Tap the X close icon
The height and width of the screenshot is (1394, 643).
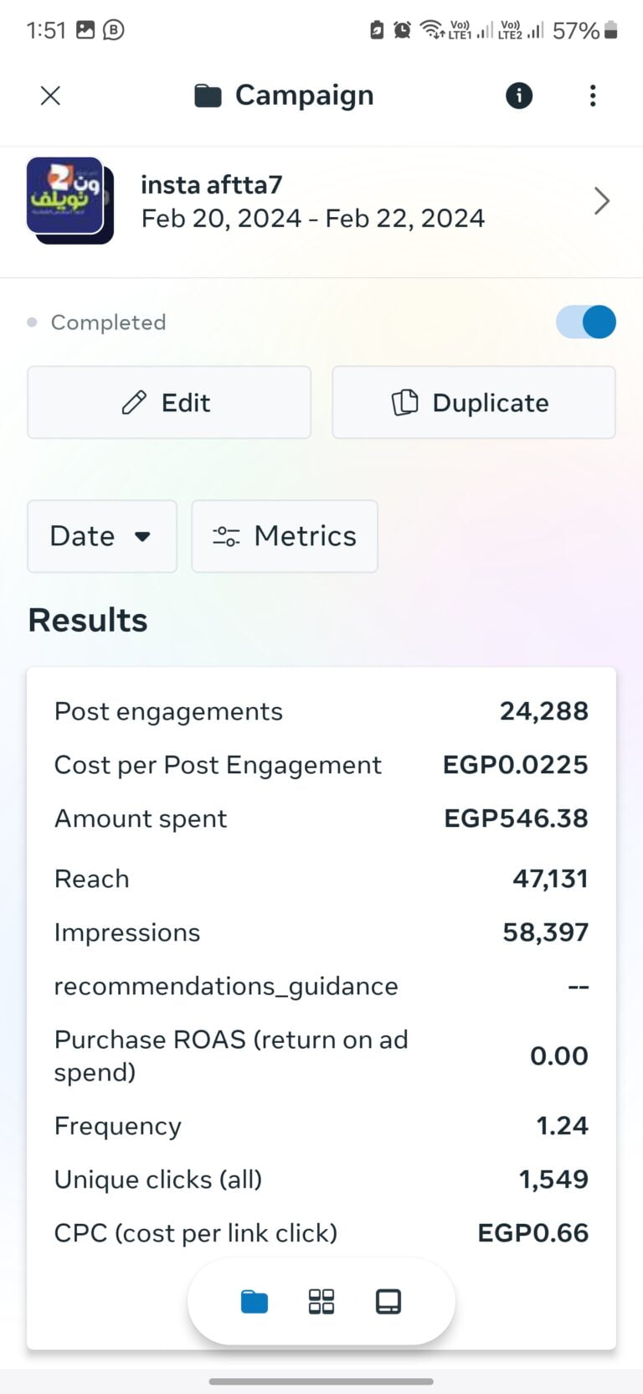pyautogui.click(x=50, y=96)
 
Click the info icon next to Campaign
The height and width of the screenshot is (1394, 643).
pyautogui.click(x=519, y=96)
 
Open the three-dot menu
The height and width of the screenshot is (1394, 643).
pyautogui.click(x=593, y=96)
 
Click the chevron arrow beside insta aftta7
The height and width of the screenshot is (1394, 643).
pyautogui.click(x=601, y=201)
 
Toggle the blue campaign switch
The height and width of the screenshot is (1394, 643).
pyautogui.click(x=586, y=322)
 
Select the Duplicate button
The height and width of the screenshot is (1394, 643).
pyautogui.click(x=474, y=402)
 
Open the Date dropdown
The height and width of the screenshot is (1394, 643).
pyautogui.click(x=102, y=536)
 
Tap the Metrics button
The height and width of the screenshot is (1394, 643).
pyautogui.click(x=285, y=536)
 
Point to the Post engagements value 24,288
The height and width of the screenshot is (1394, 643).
pyautogui.click(x=544, y=711)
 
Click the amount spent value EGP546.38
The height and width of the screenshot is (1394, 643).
pyautogui.click(x=516, y=818)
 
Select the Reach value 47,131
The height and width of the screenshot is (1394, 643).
pyautogui.click(x=550, y=879)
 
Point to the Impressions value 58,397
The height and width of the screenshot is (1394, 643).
pyautogui.click(x=545, y=932)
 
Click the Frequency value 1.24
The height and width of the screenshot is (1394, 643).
pyautogui.click(x=562, y=1126)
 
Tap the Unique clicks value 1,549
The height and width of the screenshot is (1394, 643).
pyautogui.click(x=553, y=1180)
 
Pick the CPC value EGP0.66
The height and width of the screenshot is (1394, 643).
pyautogui.click(x=532, y=1233)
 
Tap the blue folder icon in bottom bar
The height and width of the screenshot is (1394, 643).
pyautogui.click(x=255, y=1302)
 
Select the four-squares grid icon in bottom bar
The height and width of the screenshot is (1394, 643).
pyautogui.click(x=321, y=1302)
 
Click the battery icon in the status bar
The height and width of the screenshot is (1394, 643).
pyautogui.click(x=611, y=31)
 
